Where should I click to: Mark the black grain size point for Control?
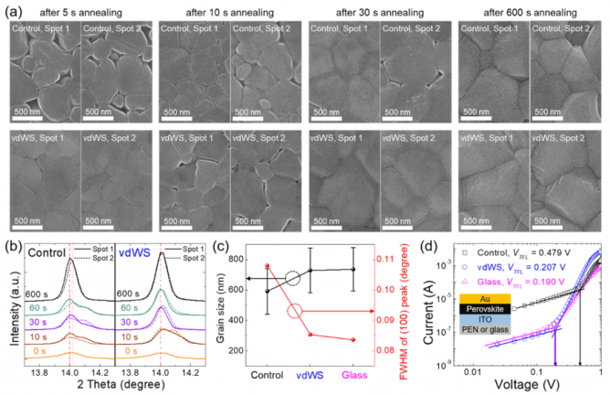(267, 292)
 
